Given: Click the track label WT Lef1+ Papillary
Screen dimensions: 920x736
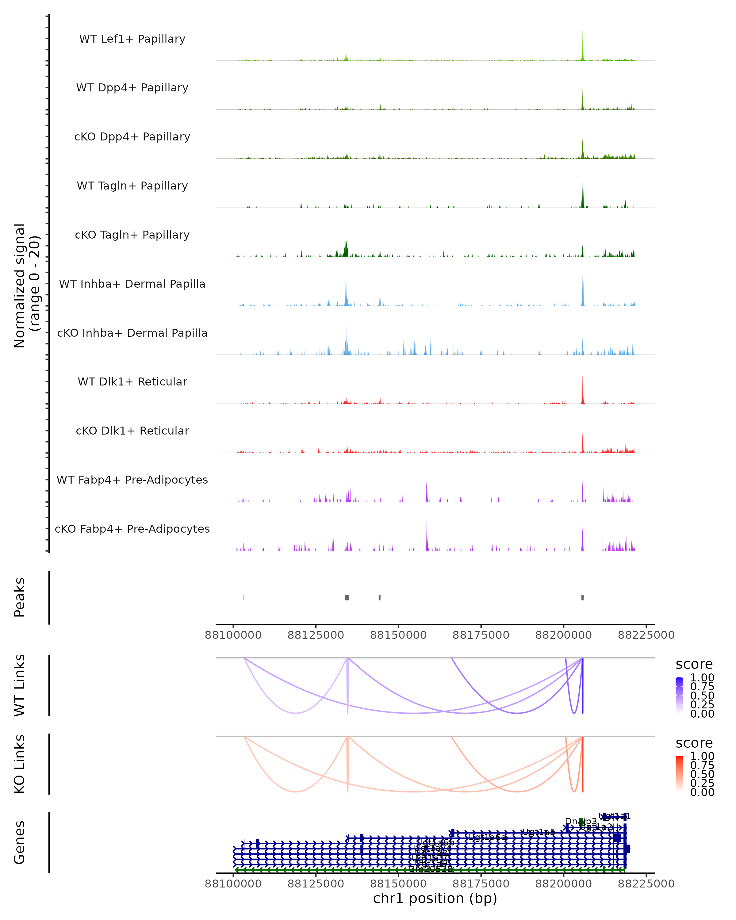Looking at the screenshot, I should click(x=132, y=39).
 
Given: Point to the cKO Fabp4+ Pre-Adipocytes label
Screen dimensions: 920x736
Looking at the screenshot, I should click(x=132, y=529).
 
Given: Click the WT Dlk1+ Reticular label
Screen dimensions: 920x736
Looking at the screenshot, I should click(x=132, y=381).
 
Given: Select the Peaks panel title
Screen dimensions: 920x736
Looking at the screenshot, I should click(x=20, y=597).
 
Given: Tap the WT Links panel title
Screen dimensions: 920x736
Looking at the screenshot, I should click(x=20, y=685).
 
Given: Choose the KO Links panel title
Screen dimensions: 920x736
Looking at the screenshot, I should click(x=20, y=764).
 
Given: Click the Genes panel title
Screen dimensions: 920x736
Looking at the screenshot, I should click(x=20, y=842).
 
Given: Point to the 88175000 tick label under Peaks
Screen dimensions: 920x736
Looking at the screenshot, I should click(x=481, y=635).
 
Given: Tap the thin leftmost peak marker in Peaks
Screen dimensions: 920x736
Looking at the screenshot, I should click(x=243, y=597).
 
